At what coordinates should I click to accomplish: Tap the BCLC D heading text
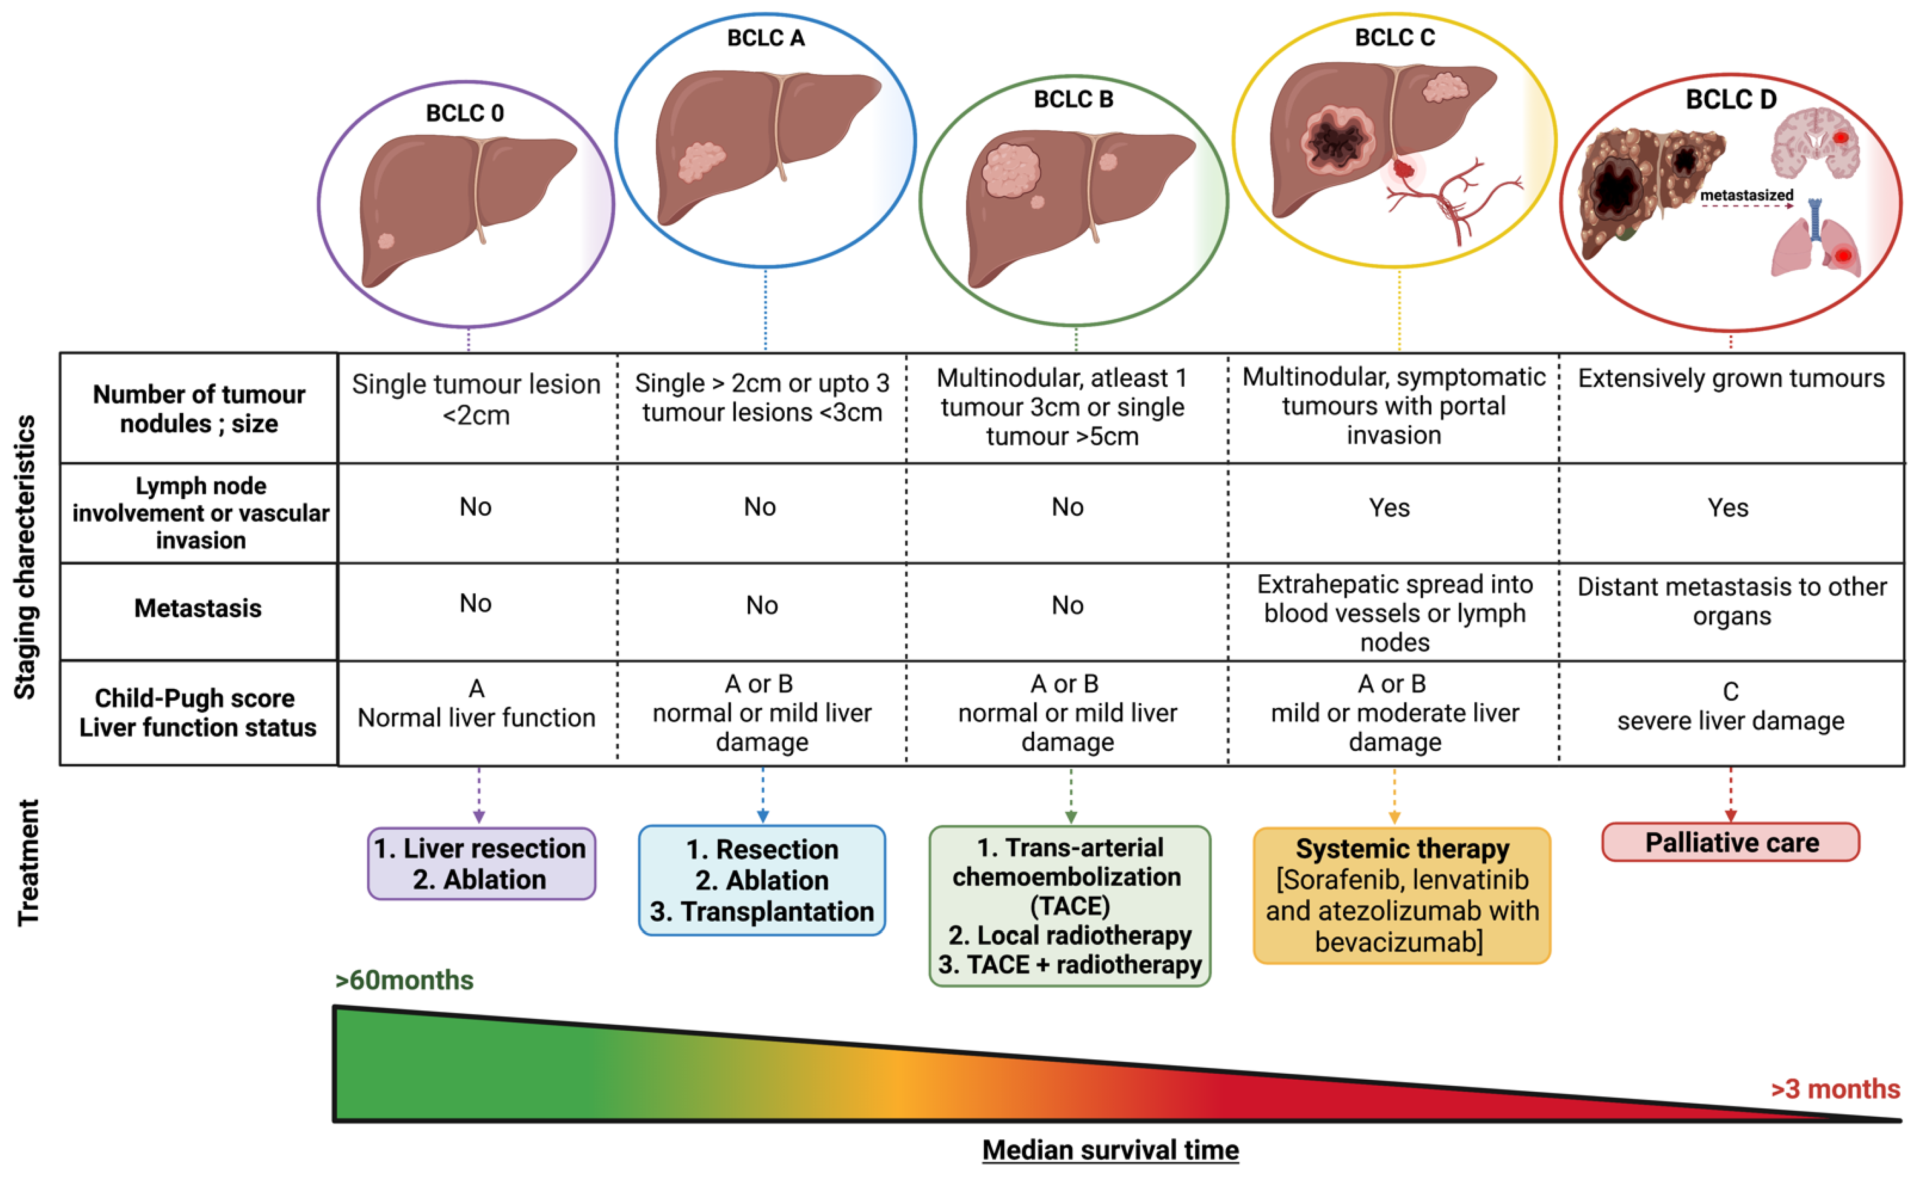pos(1731,99)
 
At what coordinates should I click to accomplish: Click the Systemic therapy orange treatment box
pos(1401,895)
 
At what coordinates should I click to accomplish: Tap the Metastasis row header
pos(198,608)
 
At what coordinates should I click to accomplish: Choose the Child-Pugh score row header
pos(198,712)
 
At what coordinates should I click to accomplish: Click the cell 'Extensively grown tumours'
pos(1731,378)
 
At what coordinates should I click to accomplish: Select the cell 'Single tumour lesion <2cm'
pos(476,399)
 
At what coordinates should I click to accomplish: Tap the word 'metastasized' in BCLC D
pos(1746,195)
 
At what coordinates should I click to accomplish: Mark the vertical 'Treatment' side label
pos(28,863)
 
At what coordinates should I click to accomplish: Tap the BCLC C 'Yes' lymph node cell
pos(1389,508)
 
